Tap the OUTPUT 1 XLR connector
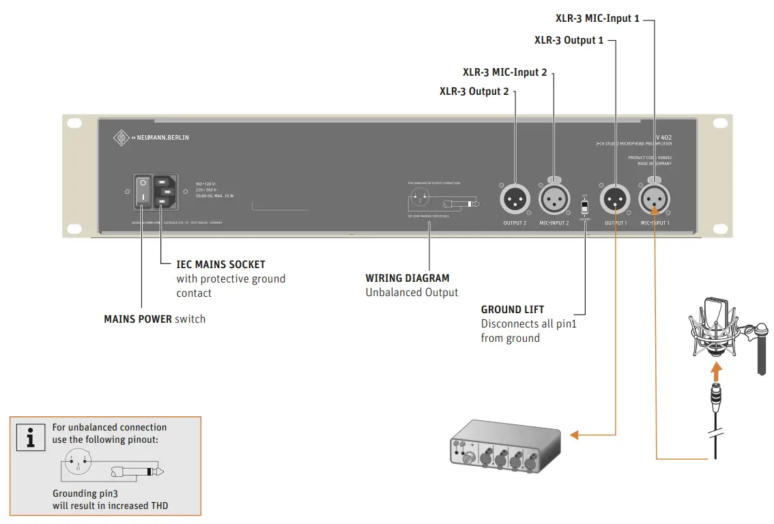(615, 200)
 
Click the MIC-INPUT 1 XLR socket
(654, 200)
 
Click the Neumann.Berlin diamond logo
(121, 137)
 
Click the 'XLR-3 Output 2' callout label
(474, 91)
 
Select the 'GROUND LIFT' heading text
(513, 309)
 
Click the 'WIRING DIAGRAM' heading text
(407, 278)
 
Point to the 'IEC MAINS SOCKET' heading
(220, 264)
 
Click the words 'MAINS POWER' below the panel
(138, 319)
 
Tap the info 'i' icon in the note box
(30, 437)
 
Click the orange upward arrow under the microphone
(715, 372)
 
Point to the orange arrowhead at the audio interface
(575, 434)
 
